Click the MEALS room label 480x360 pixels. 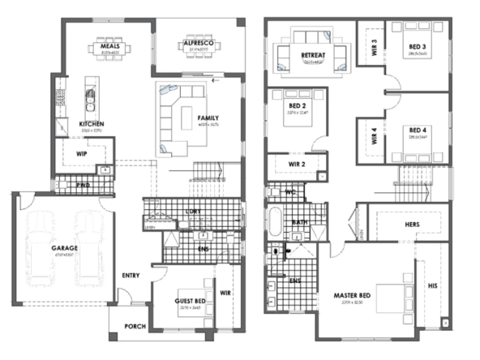(110, 46)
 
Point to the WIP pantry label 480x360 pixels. (82, 152)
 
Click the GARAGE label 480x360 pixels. (63, 247)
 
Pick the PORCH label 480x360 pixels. (135, 328)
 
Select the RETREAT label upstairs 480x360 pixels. (313, 55)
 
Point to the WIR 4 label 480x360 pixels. (374, 136)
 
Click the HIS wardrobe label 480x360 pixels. (432, 285)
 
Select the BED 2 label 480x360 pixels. (296, 106)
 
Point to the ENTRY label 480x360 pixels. (131, 276)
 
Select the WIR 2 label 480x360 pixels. (297, 165)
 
